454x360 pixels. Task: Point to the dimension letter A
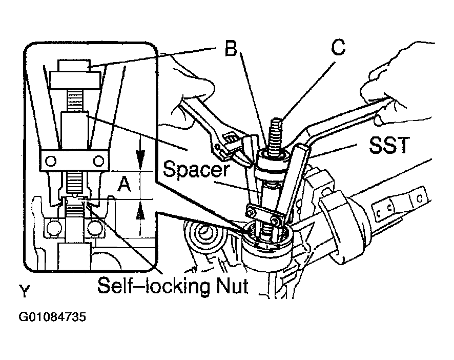click(x=124, y=184)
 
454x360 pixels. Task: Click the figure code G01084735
click(x=52, y=316)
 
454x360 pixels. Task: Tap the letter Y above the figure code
click(x=24, y=291)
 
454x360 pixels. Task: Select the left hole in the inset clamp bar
click(x=51, y=161)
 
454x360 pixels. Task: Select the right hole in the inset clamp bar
click(x=99, y=161)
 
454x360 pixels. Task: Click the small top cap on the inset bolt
click(x=74, y=65)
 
